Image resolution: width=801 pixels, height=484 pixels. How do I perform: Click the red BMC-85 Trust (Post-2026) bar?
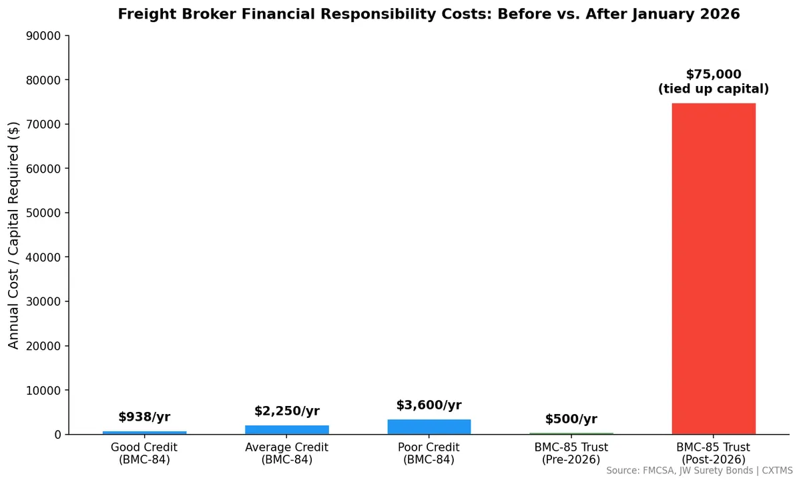[x=714, y=269]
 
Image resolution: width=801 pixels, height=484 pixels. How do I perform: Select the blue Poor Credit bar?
[x=429, y=427]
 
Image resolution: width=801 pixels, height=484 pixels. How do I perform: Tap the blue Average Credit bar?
[x=287, y=429]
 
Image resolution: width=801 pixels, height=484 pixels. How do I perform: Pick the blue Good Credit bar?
[x=145, y=432]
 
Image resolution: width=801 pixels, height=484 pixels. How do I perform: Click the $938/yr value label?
[x=145, y=417]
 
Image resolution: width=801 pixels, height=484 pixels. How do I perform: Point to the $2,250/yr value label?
[x=287, y=411]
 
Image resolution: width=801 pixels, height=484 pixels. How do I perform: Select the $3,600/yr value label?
[x=429, y=405]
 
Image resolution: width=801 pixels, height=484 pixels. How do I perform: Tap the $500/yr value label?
[x=571, y=419]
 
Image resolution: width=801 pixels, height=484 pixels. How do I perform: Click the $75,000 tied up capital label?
[x=714, y=81]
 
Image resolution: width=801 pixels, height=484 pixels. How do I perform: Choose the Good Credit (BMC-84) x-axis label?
[x=145, y=453]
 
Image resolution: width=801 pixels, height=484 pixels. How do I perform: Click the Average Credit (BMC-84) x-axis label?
[x=287, y=453]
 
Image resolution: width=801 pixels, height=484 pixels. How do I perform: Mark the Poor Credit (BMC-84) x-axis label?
[x=429, y=453]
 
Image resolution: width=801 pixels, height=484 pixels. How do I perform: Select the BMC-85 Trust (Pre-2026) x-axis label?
[x=571, y=453]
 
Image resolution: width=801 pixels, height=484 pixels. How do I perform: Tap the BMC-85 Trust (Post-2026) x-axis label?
[x=714, y=453]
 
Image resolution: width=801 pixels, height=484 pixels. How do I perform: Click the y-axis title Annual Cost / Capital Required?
[x=14, y=235]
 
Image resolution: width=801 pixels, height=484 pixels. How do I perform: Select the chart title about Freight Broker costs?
[x=429, y=14]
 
